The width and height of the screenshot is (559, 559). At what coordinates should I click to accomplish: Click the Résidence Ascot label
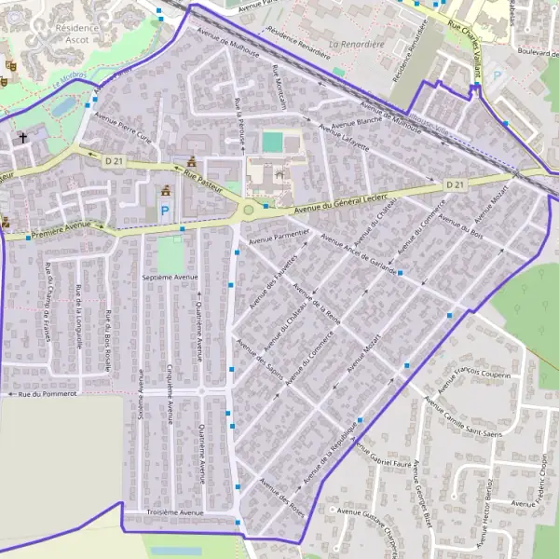pos(77,34)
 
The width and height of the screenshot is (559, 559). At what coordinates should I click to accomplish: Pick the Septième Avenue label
pos(170,278)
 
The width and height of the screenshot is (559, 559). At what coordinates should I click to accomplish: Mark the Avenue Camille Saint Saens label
pos(463,411)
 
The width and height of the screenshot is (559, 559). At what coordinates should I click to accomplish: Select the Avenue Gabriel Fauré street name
pos(379,460)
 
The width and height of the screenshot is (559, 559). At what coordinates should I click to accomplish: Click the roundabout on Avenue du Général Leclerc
pos(249,211)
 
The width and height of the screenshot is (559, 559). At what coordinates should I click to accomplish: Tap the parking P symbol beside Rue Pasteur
pos(165,211)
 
